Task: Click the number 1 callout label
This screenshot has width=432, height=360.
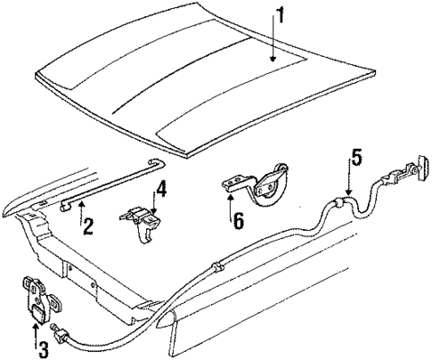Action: tap(280, 15)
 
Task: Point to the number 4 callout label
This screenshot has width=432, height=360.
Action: tap(160, 190)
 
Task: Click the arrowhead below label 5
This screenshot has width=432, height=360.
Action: tap(348, 196)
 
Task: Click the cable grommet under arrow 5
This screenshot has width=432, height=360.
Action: tap(339, 202)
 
